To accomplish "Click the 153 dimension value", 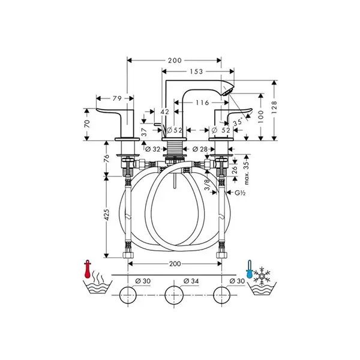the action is [x=196, y=71].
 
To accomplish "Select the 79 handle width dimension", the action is [x=117, y=98].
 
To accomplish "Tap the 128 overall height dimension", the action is [x=274, y=107].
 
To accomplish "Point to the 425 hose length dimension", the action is [x=106, y=215].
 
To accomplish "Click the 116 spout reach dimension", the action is [x=202, y=103].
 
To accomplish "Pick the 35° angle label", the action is [x=238, y=122].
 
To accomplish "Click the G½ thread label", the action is [x=240, y=193].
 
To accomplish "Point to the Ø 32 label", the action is [x=152, y=149].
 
